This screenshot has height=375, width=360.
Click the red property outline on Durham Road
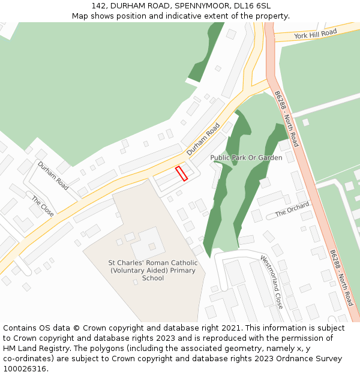[x=181, y=173]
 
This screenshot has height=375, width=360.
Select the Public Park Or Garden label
[x=246, y=158]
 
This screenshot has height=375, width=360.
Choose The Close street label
[x=43, y=206]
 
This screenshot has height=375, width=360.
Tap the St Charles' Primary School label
[x=152, y=271]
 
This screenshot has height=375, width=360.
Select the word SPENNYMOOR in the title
[x=197, y=6]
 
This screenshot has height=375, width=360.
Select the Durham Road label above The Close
[x=53, y=176]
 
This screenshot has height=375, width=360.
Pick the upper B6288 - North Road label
[x=286, y=119]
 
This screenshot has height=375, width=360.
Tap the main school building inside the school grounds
[x=148, y=243]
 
